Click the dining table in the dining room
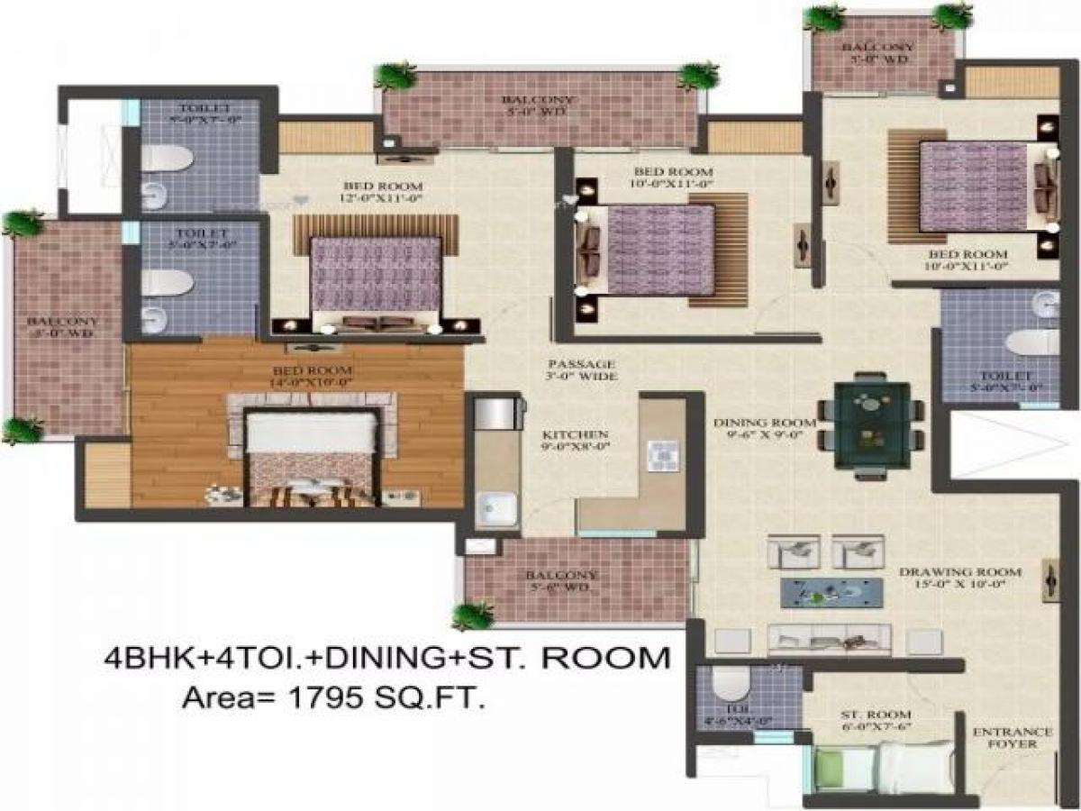[x=871, y=424]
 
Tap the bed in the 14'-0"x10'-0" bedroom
[x=311, y=455]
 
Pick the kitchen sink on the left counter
[x=495, y=510]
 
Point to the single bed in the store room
[x=883, y=768]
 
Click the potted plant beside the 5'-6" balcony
[x=473, y=617]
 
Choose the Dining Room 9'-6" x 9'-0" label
[x=765, y=428]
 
